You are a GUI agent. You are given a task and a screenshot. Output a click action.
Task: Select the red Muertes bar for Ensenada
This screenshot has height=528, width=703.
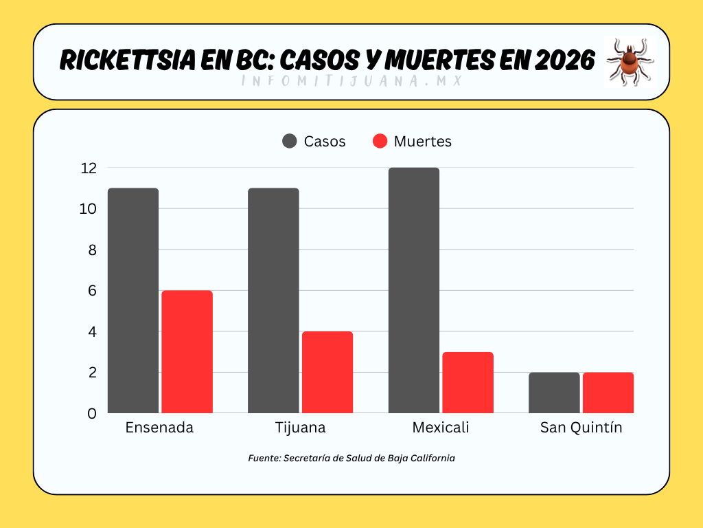point(187,352)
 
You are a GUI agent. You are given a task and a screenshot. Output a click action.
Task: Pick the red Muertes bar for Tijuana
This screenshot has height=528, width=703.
point(327,372)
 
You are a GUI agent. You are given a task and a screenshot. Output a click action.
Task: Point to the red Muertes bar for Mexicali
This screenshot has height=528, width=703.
point(468,382)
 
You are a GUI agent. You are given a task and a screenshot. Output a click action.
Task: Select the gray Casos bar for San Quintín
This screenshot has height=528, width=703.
point(554,393)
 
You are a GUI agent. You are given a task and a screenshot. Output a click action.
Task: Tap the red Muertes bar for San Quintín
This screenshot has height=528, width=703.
point(608,393)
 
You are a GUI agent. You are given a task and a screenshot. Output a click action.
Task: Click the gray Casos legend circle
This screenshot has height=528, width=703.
point(290,141)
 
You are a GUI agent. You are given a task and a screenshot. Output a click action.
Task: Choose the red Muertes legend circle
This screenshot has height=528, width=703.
point(380,141)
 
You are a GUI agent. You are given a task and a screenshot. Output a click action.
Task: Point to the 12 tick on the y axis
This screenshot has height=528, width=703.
point(88,168)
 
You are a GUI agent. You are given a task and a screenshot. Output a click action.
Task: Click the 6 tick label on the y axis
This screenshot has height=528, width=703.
point(91,291)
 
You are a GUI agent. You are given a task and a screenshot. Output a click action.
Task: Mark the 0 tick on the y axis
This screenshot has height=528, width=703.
point(91,413)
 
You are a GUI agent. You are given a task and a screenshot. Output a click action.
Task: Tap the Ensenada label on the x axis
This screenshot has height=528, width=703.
point(159,428)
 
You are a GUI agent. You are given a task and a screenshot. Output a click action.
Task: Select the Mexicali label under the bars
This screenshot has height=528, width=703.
point(441,428)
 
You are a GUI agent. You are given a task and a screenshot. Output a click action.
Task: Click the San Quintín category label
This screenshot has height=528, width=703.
point(581,428)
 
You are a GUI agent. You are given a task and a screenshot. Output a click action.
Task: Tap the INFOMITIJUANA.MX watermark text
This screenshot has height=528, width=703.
point(350,80)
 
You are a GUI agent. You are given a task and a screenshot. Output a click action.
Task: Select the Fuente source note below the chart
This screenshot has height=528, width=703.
point(351,458)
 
